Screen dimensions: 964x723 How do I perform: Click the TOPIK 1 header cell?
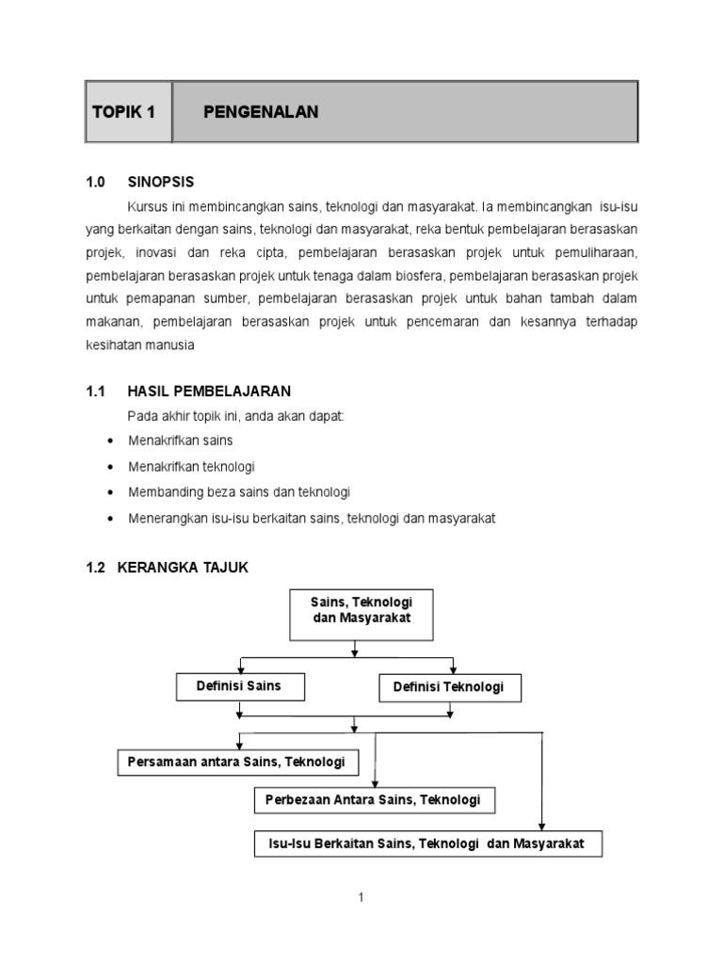tap(128, 112)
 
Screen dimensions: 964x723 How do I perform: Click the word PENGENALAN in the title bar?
tap(261, 112)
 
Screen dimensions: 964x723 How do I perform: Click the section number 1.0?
tap(96, 182)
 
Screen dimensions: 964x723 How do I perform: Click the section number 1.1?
tap(96, 391)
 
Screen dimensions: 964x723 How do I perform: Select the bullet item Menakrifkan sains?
tap(180, 441)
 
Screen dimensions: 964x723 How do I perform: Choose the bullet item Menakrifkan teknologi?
tap(191, 466)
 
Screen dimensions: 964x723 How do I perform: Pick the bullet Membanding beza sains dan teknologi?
tap(239, 492)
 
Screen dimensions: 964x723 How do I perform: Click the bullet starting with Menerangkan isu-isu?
tap(311, 518)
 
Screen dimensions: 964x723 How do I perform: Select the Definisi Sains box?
tap(238, 686)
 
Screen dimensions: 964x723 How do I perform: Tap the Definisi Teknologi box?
tap(448, 687)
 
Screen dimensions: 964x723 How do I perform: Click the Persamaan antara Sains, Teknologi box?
tap(237, 761)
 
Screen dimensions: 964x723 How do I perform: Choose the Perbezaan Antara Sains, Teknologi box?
tap(374, 799)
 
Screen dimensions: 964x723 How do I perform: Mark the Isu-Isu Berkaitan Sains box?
tap(427, 843)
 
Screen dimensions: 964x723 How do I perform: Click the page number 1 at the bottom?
tap(361, 898)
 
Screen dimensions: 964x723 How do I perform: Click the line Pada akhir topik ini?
tap(235, 416)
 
